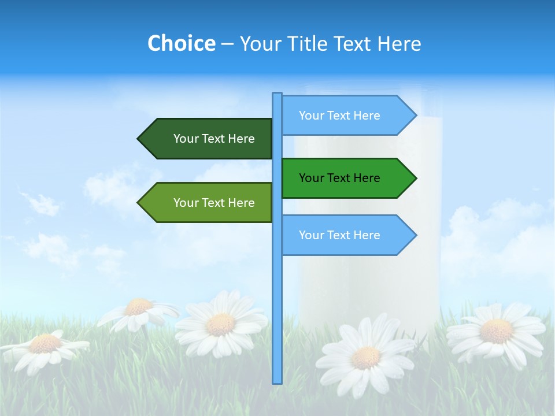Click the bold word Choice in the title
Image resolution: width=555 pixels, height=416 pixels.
tap(181, 43)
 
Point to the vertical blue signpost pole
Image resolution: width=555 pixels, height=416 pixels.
tap(277, 300)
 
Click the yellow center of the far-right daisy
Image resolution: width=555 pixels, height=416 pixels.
tap(496, 331)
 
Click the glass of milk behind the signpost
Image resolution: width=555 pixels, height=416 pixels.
tap(370, 277)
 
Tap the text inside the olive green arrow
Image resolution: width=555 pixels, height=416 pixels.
tap(214, 203)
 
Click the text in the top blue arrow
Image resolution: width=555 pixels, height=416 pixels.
tap(339, 116)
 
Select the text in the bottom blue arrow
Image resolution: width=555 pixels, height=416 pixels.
tap(339, 235)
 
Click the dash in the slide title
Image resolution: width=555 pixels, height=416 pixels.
tap(227, 44)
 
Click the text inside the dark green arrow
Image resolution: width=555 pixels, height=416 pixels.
tap(214, 139)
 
